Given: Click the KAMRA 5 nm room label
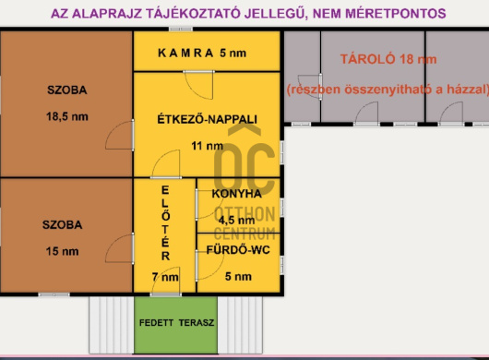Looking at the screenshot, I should pos(201,53).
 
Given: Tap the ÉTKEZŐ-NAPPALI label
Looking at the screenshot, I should pos(208,119).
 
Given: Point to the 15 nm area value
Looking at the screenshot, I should pos(62,251).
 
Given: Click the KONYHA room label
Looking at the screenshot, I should pos(236,195).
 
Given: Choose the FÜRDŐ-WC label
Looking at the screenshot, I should pos(237,249).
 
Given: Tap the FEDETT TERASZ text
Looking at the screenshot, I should pos(176,323).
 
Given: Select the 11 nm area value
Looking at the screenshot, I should pos(208,146).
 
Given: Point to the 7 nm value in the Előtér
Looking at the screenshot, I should pos(165,276).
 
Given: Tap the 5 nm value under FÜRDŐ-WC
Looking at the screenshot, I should pos(237,276).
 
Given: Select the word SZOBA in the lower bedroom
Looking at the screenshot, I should pos(62,224).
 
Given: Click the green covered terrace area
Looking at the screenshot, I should pos(176,337).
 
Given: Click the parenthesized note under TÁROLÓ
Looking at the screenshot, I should pos(385,89).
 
